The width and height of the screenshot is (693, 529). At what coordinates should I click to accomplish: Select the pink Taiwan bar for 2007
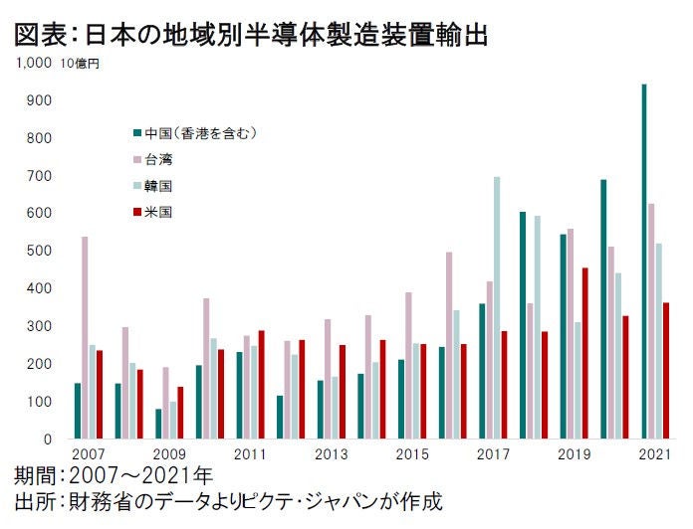click(x=85, y=338)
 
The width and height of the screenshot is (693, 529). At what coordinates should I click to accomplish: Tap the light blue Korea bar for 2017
click(x=497, y=307)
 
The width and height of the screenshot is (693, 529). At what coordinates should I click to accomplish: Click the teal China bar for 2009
click(x=158, y=424)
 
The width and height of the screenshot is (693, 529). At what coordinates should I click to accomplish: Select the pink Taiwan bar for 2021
click(x=651, y=320)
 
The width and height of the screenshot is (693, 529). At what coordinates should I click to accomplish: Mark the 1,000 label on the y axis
click(x=33, y=64)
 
